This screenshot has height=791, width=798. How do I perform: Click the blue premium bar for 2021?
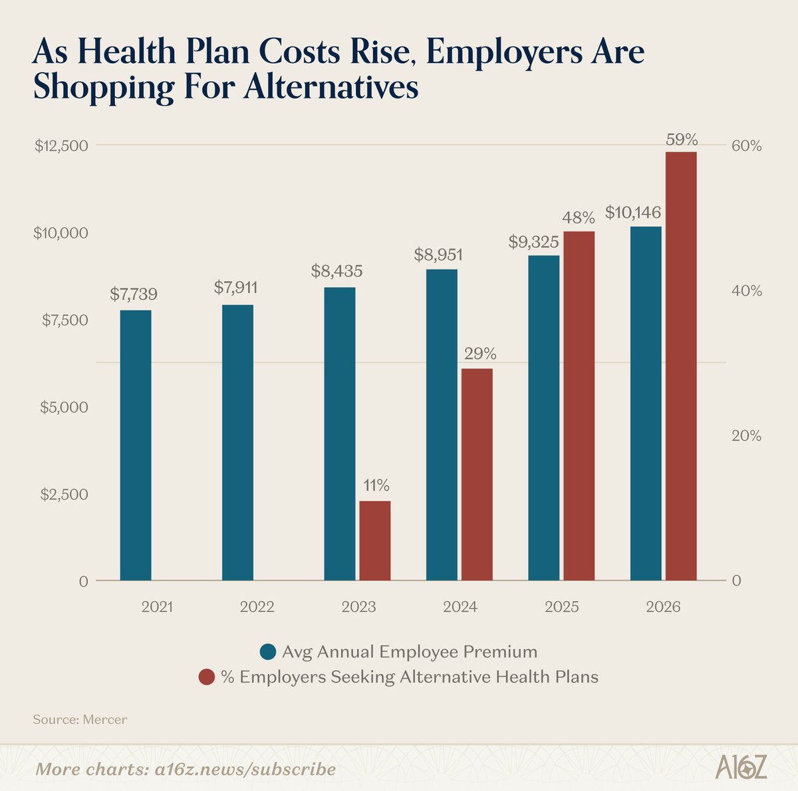[x=136, y=445]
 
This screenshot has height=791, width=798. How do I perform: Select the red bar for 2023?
[x=375, y=541]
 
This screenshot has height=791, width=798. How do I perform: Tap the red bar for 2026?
[x=681, y=366]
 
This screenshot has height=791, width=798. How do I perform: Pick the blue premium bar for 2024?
[x=442, y=425]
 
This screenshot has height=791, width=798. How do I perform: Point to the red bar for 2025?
[x=579, y=406]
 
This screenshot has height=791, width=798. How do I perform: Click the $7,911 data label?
[x=235, y=287]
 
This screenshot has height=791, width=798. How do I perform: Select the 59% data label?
[x=682, y=140]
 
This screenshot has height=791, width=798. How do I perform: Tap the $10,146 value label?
[x=633, y=213]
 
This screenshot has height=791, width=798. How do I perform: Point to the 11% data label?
[x=376, y=485]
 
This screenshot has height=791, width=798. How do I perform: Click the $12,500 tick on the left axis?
[x=61, y=146]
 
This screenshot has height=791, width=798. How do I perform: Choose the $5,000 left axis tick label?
[x=65, y=407]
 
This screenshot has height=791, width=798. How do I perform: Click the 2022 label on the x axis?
[x=257, y=607]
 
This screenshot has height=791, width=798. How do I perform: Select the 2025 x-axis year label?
[x=561, y=607]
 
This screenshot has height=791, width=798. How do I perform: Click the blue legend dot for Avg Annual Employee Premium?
[x=268, y=652]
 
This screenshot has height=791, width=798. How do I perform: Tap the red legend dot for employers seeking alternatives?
[x=207, y=677]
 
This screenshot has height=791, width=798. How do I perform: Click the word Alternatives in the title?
[x=331, y=87]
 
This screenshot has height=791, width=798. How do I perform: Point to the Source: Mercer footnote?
[x=80, y=719]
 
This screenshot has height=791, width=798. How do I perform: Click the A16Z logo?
[x=741, y=767]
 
